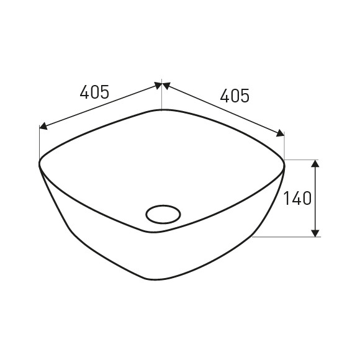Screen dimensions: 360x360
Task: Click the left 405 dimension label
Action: (94, 92)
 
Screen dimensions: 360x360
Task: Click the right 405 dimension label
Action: (235, 96)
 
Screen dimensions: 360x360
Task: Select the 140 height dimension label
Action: (297, 198)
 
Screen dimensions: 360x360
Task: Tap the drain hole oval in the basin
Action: (163, 214)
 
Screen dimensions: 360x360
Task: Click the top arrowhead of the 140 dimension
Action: (316, 163)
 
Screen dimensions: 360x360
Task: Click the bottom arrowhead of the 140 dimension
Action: (316, 233)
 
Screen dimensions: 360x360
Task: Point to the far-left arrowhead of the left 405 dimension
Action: (43, 126)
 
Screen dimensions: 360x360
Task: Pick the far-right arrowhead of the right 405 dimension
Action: (280, 133)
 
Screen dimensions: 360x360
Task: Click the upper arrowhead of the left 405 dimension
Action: (158, 85)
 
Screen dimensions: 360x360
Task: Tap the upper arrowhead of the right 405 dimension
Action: (166, 86)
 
